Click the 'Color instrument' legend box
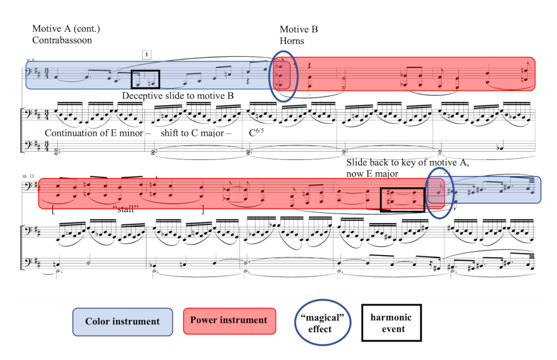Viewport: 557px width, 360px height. pyautogui.click(x=123, y=322)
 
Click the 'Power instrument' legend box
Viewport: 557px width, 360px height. pyautogui.click(x=229, y=321)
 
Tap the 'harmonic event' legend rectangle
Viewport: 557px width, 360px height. pyautogui.click(x=392, y=323)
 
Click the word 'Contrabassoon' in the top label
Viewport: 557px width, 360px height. pyautogui.click(x=62, y=40)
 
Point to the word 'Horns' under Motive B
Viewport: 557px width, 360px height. pyautogui.click(x=291, y=41)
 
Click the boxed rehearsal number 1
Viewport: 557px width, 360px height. pyautogui.click(x=146, y=54)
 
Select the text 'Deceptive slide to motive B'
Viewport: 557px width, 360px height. pyautogui.click(x=178, y=95)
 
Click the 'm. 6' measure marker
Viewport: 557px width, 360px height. pyautogui.click(x=30, y=60)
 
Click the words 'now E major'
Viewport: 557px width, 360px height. pyautogui.click(x=371, y=174)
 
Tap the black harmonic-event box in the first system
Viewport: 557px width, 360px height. pyautogui.click(x=145, y=79)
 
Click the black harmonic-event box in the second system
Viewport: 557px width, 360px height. pyautogui.click(x=402, y=200)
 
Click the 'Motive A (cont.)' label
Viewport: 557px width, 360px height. pyautogui.click(x=66, y=29)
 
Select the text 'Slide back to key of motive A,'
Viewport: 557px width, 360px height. pyautogui.click(x=407, y=162)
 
